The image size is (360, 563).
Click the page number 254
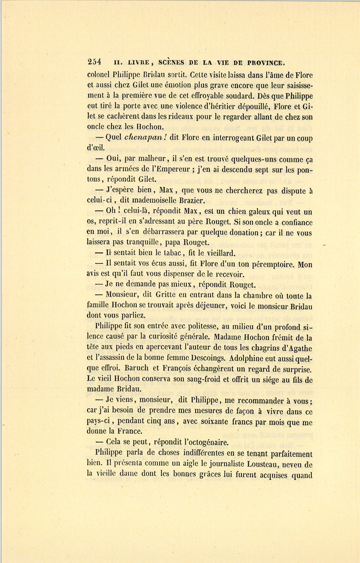(x=94, y=62)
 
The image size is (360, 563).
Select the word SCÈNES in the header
(x=172, y=62)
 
